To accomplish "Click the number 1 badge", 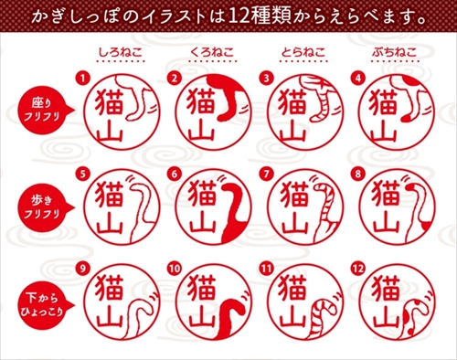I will [x=84, y=77].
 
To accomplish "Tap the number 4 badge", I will [x=357, y=77].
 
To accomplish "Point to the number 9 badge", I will [x=84, y=267].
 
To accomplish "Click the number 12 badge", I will [x=357, y=267].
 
